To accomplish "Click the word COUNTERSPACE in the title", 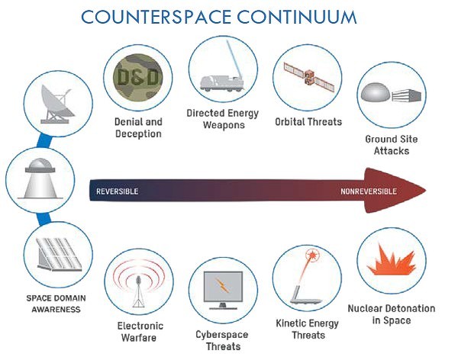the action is (x=156, y=17).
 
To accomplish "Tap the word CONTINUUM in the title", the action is (x=297, y=17).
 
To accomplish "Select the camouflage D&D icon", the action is (x=137, y=78).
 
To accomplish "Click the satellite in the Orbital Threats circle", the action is (x=308, y=77).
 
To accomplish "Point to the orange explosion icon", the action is (x=392, y=260).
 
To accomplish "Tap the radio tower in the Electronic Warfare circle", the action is (x=138, y=291).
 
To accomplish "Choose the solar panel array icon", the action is (x=59, y=254).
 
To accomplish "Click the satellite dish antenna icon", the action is (x=56, y=104).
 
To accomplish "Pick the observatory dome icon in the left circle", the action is (x=40, y=178).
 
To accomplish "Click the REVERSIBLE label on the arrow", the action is (x=117, y=191).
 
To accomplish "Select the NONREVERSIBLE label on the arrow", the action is (x=369, y=191).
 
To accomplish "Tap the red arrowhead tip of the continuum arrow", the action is (x=426, y=191).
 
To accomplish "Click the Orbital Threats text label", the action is (x=308, y=121).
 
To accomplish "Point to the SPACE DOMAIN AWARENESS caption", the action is (x=56, y=304).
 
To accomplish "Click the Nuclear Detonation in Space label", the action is (x=392, y=314).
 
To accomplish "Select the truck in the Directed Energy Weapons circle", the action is (x=222, y=83).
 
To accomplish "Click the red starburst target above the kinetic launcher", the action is (x=312, y=256).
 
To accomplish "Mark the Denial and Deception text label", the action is (x=138, y=127).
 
